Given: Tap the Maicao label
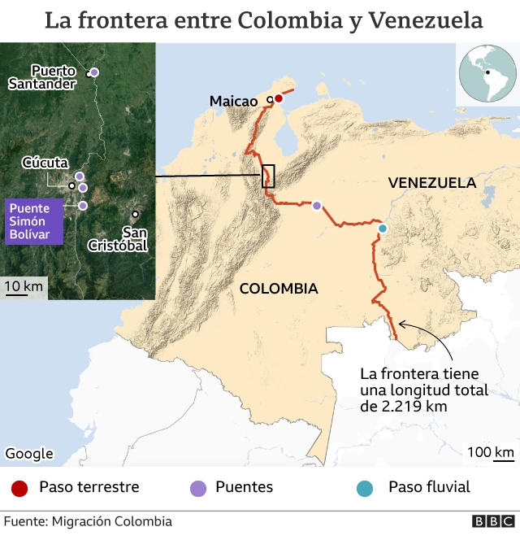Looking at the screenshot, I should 233,101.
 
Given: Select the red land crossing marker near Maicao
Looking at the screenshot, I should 278,98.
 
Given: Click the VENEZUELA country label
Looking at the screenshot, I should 431,182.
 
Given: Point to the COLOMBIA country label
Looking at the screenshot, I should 278,289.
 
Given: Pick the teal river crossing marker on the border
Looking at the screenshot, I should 383,229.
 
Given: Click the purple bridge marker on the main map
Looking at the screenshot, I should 316,206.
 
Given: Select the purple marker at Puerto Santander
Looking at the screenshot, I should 94,72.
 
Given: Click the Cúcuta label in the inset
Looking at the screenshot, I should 45,163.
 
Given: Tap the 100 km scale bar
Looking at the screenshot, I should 491,453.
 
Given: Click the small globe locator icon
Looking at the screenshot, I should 487,73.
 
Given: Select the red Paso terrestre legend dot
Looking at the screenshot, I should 20,488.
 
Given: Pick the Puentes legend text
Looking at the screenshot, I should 244,488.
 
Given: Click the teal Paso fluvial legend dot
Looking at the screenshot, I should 366,488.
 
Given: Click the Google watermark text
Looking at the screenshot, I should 29,454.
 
